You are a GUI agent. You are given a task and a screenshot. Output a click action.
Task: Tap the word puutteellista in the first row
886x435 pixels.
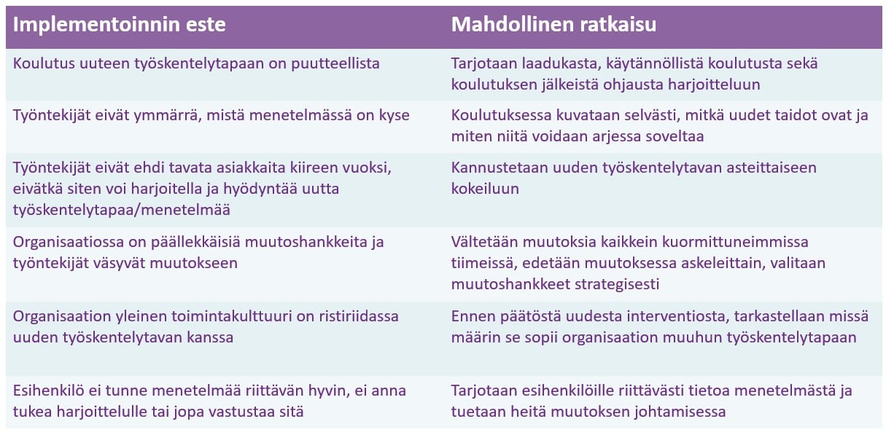335,64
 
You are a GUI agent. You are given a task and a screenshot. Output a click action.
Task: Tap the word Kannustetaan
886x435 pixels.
500,168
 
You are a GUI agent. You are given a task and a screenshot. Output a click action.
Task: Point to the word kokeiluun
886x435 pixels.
485,189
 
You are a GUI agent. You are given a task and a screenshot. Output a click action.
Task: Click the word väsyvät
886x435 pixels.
119,264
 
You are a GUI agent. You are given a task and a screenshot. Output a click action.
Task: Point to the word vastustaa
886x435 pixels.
241,412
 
